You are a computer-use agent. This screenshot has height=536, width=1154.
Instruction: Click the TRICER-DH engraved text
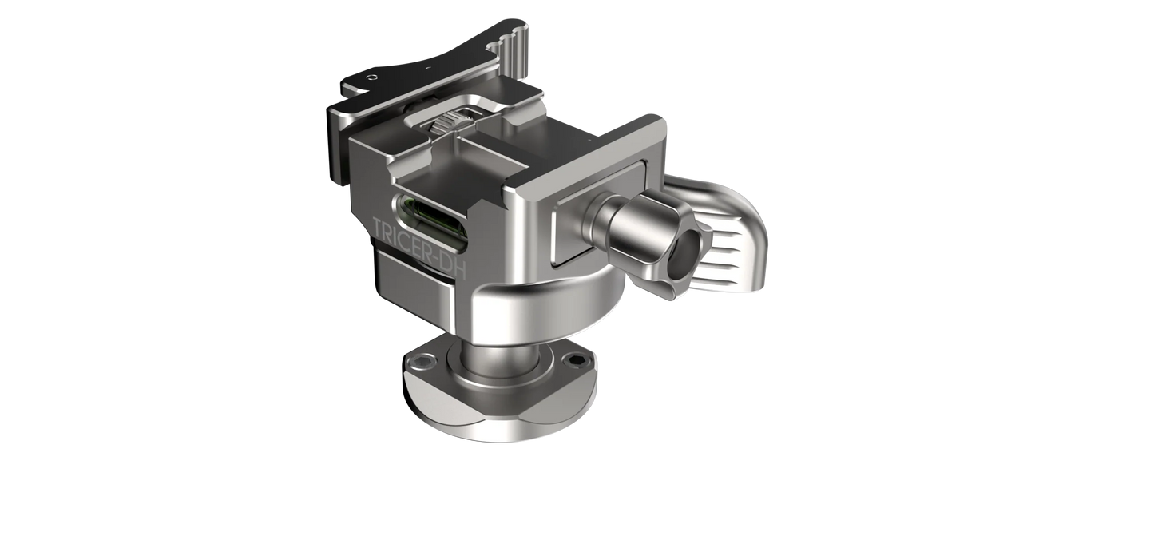(x=418, y=248)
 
